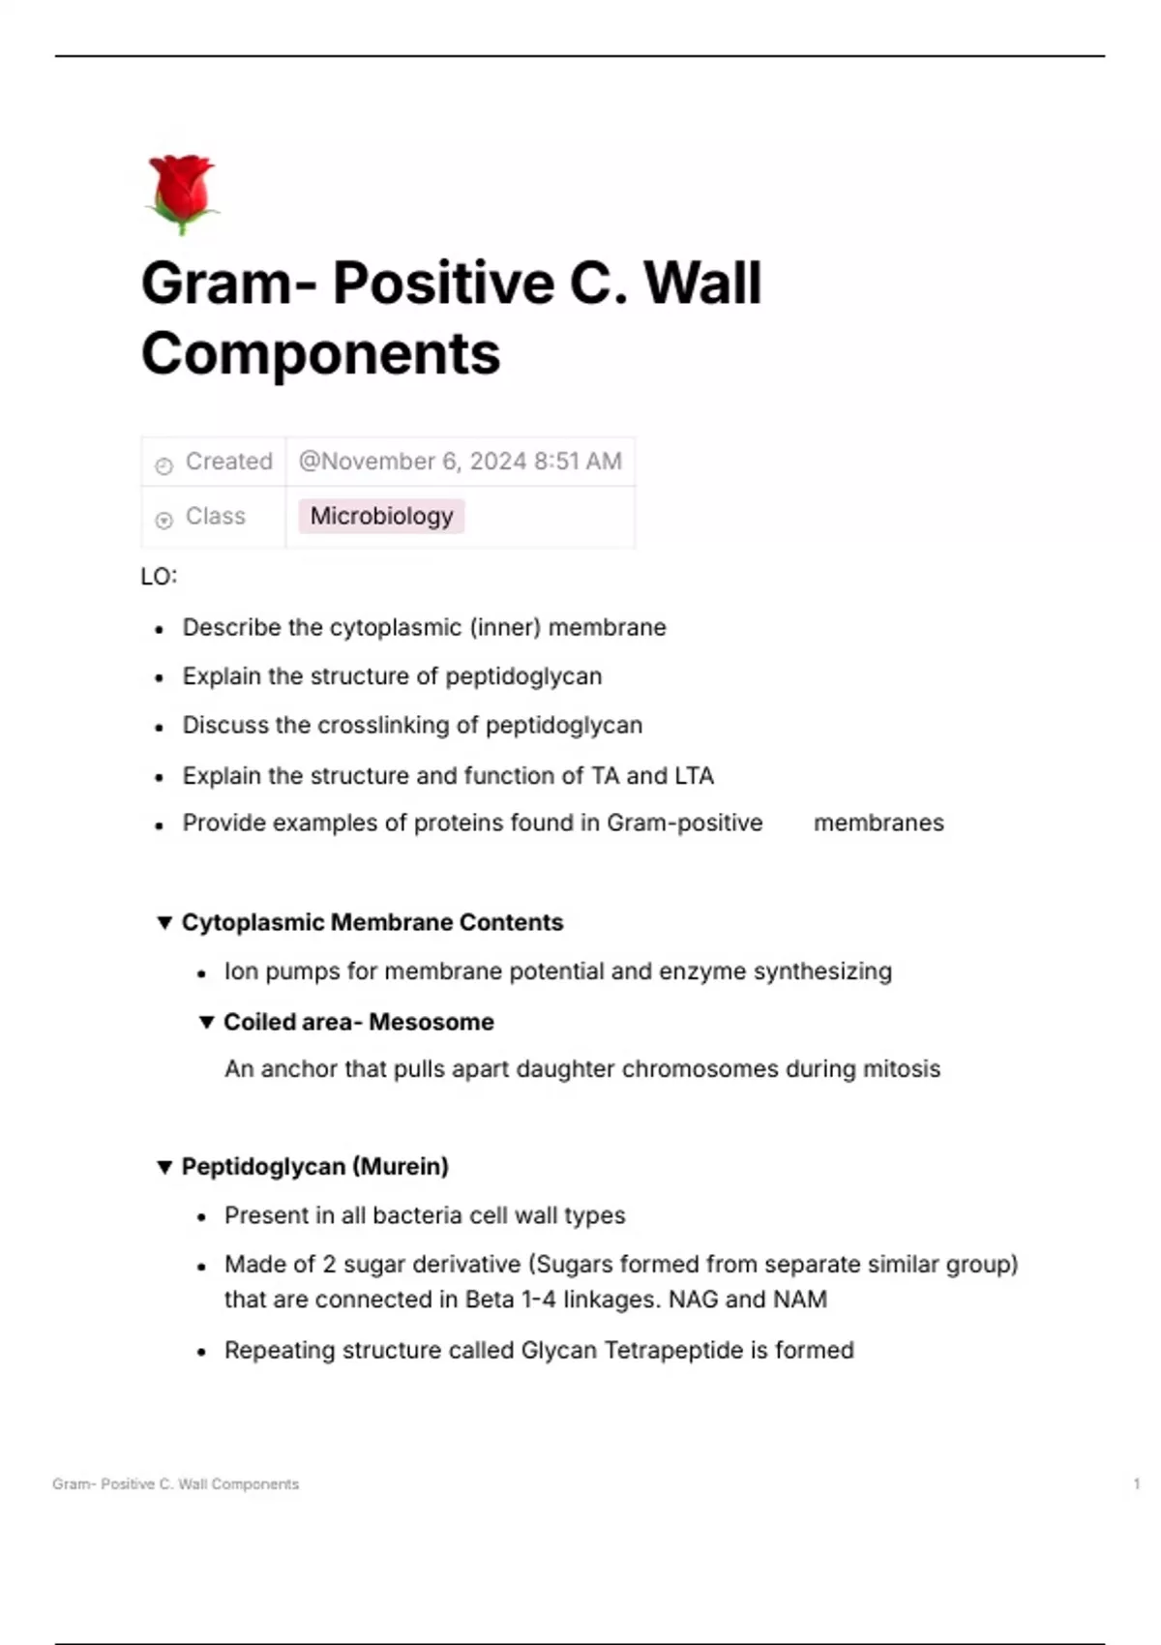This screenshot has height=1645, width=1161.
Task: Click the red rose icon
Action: coord(182,194)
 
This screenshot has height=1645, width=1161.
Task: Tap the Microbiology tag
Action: coord(381,516)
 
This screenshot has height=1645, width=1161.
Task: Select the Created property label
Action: coord(228,462)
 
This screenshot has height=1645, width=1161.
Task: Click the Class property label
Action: coord(215,517)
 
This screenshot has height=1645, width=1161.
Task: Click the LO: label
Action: coord(159,577)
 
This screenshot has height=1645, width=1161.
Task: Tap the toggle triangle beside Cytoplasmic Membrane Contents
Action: coord(164,922)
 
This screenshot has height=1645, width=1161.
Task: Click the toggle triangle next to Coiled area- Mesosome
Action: coord(206,1022)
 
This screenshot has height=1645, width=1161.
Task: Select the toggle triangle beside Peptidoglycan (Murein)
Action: coord(164,1167)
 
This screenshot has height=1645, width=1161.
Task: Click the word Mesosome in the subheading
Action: coord(432,1022)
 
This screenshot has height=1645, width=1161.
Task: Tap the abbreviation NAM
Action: coord(800,1300)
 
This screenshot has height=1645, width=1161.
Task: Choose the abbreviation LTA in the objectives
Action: coord(694,776)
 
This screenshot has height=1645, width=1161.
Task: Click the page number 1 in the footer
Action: coord(1137,1483)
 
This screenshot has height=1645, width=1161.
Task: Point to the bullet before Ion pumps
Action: coord(201,973)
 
